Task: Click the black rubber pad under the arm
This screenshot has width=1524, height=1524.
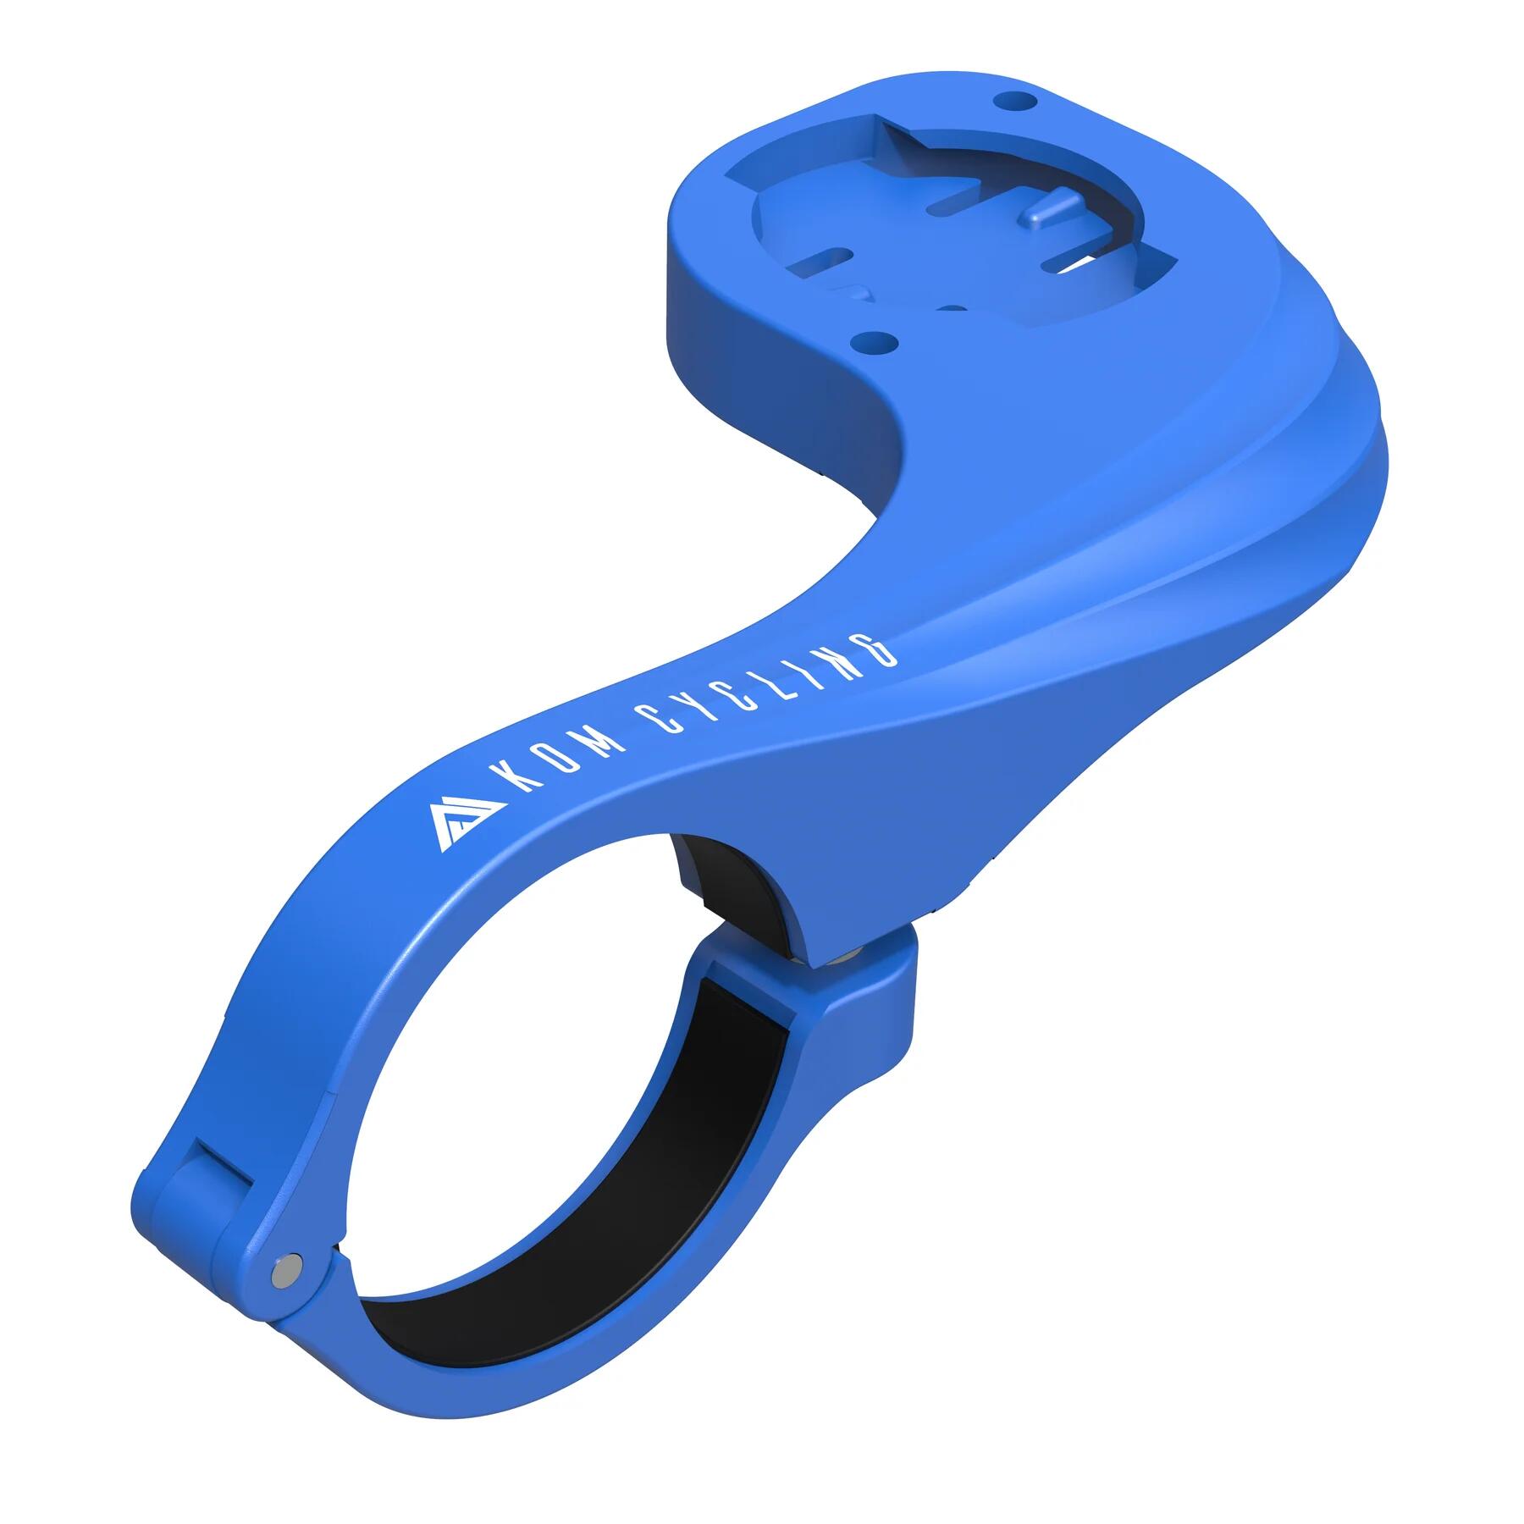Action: tap(726, 881)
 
